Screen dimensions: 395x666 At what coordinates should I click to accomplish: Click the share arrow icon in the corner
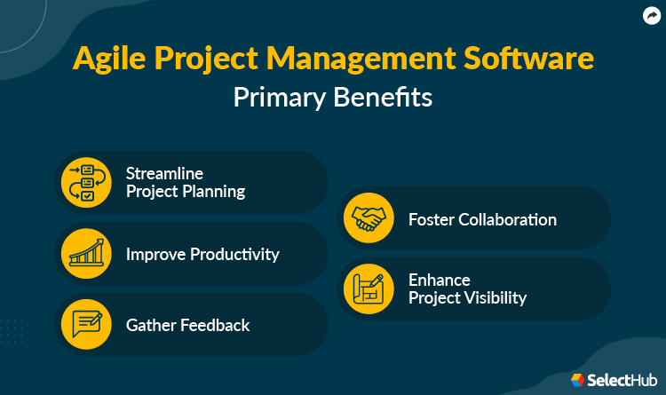click(650, 15)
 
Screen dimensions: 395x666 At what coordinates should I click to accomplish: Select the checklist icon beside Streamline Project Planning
click(86, 182)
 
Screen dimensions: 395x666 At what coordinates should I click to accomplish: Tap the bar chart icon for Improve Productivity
click(86, 254)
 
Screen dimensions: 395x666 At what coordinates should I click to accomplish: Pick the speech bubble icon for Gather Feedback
click(86, 325)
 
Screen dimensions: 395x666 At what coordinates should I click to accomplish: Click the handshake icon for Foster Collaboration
click(369, 218)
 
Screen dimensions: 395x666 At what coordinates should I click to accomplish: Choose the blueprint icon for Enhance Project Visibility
click(369, 289)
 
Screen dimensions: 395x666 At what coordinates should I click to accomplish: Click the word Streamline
click(165, 173)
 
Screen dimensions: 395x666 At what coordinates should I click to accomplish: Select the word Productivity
click(233, 255)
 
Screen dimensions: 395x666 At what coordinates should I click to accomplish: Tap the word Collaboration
click(506, 219)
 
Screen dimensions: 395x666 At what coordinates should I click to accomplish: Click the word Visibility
click(494, 298)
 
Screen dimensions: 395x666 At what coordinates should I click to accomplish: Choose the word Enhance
click(439, 280)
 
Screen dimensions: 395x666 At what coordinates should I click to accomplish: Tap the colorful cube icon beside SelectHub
click(577, 380)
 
